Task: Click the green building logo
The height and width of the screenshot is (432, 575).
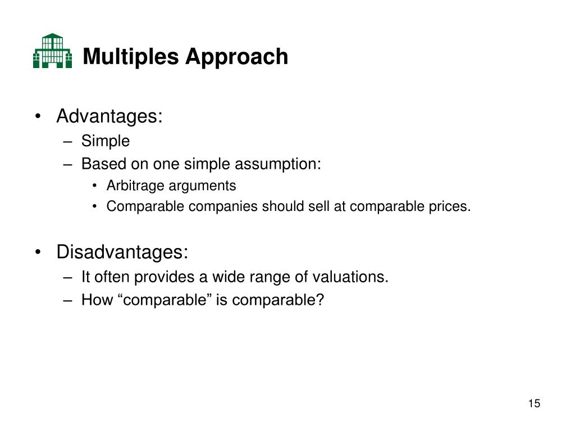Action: click(x=52, y=51)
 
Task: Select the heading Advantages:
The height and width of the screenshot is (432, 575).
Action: click(x=109, y=116)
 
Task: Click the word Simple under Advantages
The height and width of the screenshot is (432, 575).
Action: click(x=106, y=141)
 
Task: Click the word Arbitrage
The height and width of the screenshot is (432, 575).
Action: click(x=133, y=186)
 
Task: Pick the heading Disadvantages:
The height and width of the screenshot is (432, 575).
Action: click(x=122, y=253)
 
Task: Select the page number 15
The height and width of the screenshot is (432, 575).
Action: click(x=533, y=403)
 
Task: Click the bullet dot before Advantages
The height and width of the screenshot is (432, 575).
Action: click(x=38, y=117)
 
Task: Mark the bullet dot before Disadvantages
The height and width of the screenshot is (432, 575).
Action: click(x=38, y=253)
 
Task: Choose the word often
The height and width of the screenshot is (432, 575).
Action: click(x=116, y=277)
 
